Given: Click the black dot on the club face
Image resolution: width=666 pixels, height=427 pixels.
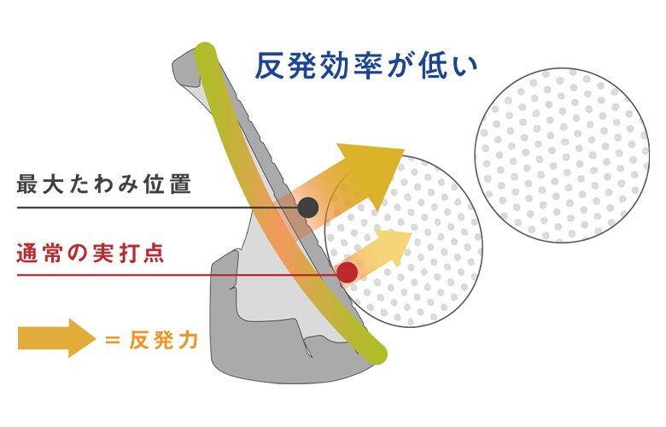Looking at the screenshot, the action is click(x=308, y=208).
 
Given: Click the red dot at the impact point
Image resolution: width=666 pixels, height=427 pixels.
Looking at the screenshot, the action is click(x=347, y=272).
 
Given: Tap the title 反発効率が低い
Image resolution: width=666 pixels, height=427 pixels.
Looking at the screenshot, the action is click(x=366, y=66).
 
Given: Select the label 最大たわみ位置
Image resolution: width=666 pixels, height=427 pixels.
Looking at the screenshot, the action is click(x=104, y=184).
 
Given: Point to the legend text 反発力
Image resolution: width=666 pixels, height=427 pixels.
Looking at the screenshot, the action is click(x=164, y=340).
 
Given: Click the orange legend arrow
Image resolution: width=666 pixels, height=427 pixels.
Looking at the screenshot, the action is click(x=57, y=338).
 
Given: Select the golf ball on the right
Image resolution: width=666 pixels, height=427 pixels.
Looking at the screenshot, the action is click(x=562, y=155).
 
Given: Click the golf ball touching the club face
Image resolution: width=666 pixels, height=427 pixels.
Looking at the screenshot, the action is click(x=404, y=242).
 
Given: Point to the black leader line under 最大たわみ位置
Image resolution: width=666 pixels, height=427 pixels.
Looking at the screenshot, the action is click(x=157, y=208).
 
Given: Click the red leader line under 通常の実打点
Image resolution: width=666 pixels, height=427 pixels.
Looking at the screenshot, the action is click(x=177, y=275).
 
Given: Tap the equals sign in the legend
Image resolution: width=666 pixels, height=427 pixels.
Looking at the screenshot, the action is click(x=112, y=340).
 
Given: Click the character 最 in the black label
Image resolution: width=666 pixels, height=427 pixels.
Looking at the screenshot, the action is click(x=27, y=184).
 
